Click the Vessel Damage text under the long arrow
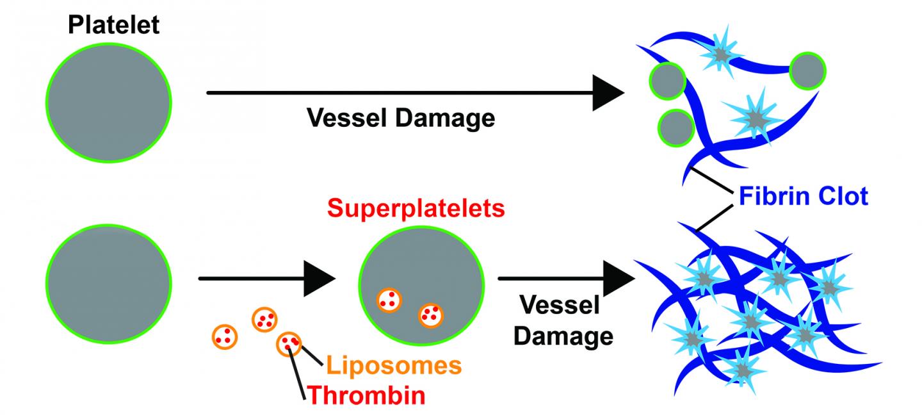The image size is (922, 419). pyautogui.click(x=401, y=119)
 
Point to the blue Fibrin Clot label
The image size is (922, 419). pyautogui.click(x=804, y=195)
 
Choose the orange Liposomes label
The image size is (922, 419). pyautogui.click(x=393, y=366)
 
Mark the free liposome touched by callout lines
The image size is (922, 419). pyautogui.click(x=289, y=343)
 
